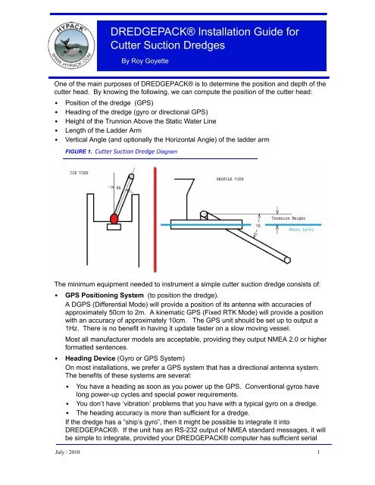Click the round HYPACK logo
pos(72,45)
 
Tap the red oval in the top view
pos(114,218)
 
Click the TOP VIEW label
pos(79,173)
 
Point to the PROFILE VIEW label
pos(230,179)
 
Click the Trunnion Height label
pos(288,218)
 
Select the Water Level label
pos(301,230)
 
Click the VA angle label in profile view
pos(258,226)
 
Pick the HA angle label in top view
pos(118,187)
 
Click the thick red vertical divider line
pos(155,220)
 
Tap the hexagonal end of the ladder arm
pos(287,260)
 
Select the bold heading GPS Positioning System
pos(105,295)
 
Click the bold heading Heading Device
pos(90,358)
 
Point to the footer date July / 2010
pos(67,452)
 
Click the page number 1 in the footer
pos(318,452)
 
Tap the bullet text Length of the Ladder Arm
pos(103,130)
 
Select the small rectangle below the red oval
pos(114,227)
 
